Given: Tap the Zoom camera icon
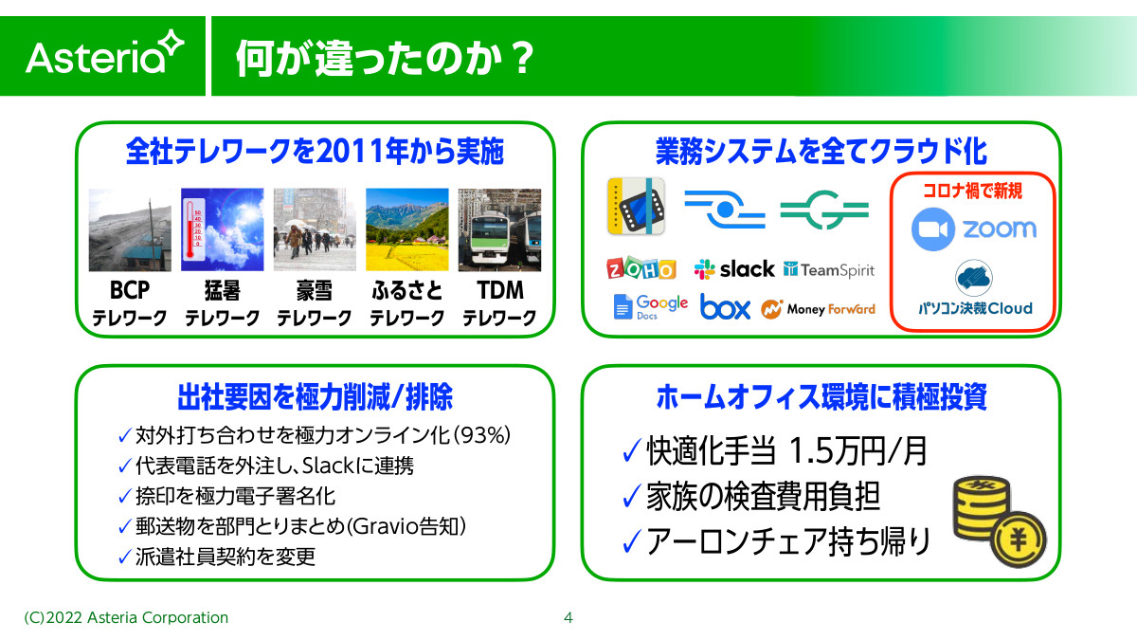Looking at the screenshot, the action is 933,229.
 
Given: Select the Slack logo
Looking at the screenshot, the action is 734,268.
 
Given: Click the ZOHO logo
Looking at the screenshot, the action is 641,267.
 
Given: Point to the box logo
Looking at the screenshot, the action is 725,307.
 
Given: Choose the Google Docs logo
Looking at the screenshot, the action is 650,306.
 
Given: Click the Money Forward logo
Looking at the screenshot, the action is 818,309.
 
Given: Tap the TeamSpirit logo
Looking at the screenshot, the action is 829,269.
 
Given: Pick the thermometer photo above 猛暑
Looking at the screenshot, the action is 223,229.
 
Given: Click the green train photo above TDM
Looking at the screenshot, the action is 499,229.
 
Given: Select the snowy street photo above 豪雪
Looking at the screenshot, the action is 315,229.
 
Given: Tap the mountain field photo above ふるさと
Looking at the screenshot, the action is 407,229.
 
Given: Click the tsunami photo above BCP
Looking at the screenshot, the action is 130,229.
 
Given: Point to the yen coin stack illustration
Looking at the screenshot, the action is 999,521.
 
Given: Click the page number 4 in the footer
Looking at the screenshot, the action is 568,617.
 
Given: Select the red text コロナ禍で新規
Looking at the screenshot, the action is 972,191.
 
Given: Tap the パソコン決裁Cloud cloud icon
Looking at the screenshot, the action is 974,277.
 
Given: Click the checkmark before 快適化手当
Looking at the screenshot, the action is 631,450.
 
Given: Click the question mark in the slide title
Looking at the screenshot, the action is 521,58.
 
